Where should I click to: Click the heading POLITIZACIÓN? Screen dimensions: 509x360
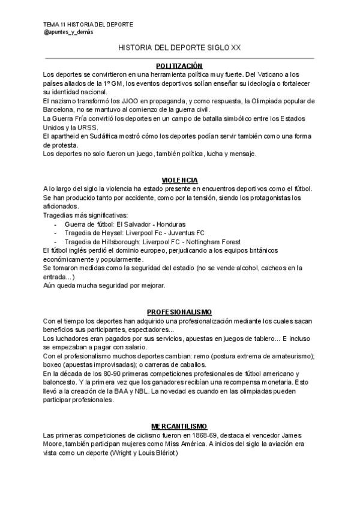pyautogui.click(x=179, y=65)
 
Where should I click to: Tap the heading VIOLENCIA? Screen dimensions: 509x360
pyautogui.click(x=179, y=180)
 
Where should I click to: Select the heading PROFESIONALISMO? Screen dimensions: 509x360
pyautogui.click(x=179, y=312)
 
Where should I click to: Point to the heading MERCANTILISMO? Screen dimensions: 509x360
pyautogui.click(x=179, y=426)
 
